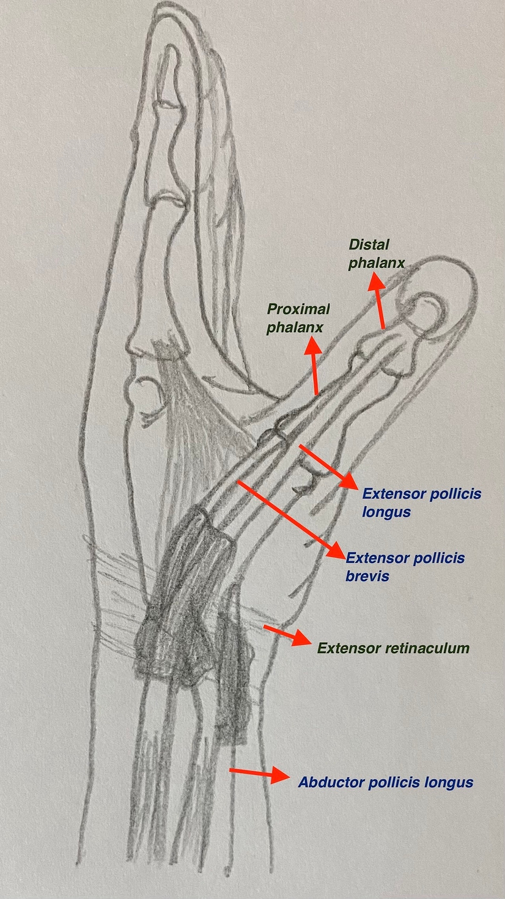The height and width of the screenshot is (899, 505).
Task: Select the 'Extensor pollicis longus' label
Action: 422,502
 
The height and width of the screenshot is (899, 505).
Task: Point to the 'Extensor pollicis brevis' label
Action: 405,566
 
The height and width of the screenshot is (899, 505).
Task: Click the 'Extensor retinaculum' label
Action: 393,648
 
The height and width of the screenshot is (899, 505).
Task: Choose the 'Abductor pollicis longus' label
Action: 385,782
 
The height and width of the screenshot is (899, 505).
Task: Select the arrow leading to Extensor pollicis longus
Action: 327,466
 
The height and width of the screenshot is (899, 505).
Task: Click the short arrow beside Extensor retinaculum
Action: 285,635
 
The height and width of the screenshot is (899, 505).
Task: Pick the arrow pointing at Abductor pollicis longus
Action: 258,773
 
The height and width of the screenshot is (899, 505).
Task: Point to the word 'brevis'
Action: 367,575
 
